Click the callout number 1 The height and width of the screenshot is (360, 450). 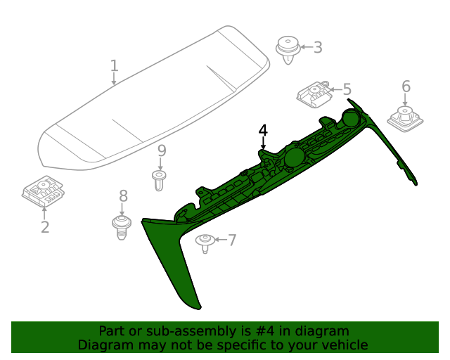[x=114, y=66]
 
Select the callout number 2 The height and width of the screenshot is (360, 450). [x=45, y=227]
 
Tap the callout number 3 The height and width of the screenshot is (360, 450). [x=318, y=48]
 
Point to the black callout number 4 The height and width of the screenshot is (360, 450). [x=263, y=131]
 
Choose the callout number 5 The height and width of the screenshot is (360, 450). [x=347, y=89]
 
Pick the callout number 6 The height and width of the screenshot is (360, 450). [x=406, y=86]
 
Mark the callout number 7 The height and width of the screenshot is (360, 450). [x=232, y=240]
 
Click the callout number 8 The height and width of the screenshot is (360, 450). [x=123, y=196]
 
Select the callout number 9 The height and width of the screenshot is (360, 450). [x=161, y=150]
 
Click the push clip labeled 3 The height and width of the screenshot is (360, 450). [x=288, y=49]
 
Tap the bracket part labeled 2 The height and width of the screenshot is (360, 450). [x=44, y=191]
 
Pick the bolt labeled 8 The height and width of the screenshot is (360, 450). [x=122, y=227]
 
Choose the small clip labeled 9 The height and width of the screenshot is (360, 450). [x=160, y=180]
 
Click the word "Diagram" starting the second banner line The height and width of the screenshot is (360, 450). [x=103, y=345]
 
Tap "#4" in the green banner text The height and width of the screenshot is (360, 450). [x=278, y=331]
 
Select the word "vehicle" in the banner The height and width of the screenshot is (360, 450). [x=342, y=345]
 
